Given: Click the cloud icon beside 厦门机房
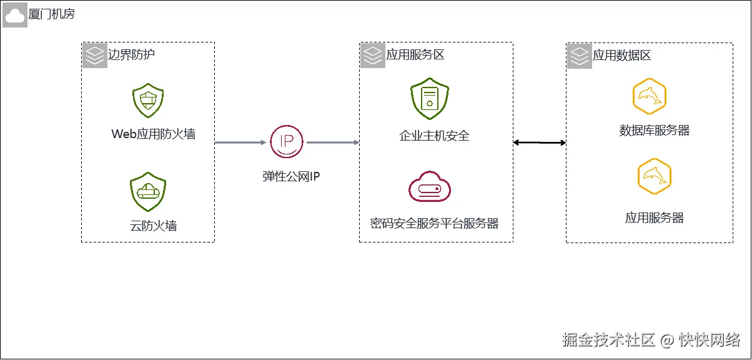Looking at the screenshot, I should [14, 14].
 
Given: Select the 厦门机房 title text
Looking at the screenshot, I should [51, 14].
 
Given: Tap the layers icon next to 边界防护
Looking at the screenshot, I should [94, 55].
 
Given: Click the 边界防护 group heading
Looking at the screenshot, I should [131, 54].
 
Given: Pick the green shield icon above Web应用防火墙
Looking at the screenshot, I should [148, 101].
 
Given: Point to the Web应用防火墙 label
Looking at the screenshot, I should [153, 134].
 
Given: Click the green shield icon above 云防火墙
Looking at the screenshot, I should [148, 191].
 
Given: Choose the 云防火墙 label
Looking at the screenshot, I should [153, 226].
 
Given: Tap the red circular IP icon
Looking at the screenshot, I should [286, 142].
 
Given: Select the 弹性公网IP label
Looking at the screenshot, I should [290, 176].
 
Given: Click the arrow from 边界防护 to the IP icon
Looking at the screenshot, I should [240, 142].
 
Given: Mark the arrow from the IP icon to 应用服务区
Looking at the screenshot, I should [332, 142].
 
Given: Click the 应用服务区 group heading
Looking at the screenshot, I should [415, 55].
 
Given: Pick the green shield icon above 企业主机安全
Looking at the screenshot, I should [429, 99].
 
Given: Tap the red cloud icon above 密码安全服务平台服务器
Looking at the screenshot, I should [429, 187].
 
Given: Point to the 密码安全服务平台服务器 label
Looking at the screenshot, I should [434, 223].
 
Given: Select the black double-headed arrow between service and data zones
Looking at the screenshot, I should [540, 143].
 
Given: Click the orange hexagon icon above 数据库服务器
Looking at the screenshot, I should [650, 97].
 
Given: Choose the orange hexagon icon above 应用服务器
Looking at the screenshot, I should [654, 177].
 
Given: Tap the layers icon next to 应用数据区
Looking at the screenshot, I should [580, 56].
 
